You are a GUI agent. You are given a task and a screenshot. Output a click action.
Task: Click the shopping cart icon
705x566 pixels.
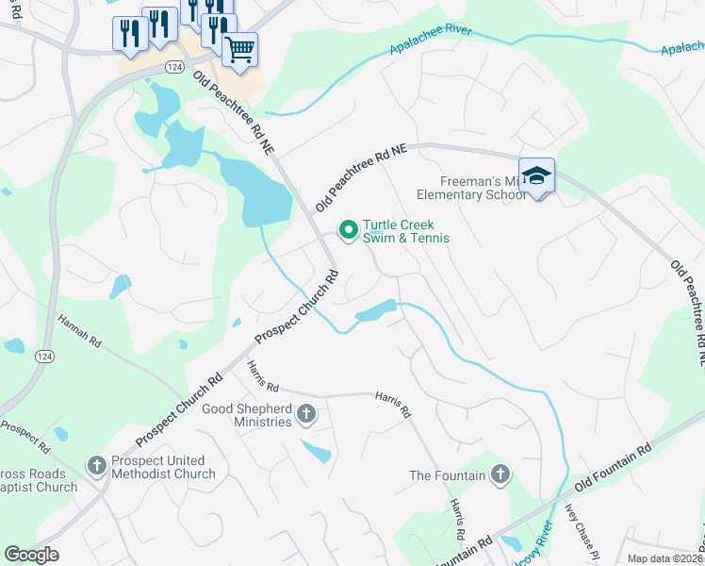tap(240, 48)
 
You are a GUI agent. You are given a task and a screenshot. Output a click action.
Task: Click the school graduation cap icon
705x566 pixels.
tap(536, 175)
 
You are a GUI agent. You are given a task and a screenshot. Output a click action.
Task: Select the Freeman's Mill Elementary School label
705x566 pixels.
tap(482, 189)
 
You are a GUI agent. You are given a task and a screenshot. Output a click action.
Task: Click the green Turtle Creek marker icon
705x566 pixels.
tap(348, 229)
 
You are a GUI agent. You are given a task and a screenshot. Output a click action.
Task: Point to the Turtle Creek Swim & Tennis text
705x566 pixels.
tap(406, 232)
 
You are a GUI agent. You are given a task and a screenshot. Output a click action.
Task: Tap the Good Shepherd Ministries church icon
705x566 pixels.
tap(305, 413)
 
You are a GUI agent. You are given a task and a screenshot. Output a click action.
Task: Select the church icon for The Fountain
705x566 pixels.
tap(500, 474)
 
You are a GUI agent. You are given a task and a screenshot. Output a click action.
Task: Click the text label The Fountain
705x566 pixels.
tap(447, 475)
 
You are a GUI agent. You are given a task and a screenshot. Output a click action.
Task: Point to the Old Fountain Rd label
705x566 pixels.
tap(619, 466)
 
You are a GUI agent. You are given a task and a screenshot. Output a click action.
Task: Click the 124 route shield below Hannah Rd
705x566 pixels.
tap(43, 356)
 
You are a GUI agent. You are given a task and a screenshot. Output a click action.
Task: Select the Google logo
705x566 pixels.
tap(31, 555)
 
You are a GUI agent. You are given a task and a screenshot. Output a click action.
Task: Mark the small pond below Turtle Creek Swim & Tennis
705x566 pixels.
tap(375, 311)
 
